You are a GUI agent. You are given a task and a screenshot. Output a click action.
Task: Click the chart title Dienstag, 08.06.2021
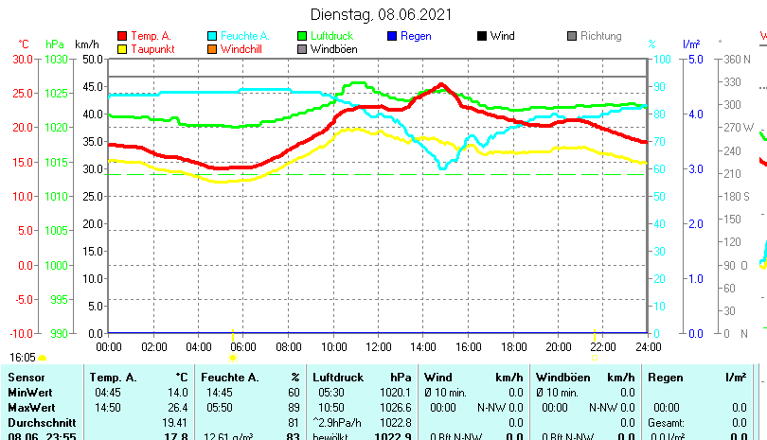382,14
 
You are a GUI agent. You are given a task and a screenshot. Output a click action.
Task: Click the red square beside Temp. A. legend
122,36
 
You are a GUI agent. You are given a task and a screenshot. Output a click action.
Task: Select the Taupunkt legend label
152,49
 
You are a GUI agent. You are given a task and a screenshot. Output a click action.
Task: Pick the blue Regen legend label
416,36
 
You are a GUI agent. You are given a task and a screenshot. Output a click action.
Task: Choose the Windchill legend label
241,49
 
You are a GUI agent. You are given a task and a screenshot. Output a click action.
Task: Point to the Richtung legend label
600,36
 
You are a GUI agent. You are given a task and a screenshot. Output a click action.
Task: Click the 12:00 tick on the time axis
377,347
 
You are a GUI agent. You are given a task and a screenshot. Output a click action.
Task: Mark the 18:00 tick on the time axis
512,347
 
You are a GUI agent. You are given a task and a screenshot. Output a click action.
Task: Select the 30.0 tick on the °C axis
23,59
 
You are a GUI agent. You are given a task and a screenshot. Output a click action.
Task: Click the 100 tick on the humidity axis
659,59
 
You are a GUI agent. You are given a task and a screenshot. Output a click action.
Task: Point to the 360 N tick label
736,59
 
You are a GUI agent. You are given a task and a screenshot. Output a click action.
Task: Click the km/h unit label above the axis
86,44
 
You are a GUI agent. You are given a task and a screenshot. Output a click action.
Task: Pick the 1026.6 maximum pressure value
395,407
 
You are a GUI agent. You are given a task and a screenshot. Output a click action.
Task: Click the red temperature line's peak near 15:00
441,84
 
